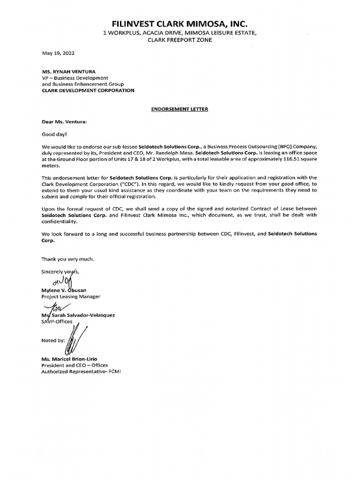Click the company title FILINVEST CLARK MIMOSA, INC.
pos(180,23)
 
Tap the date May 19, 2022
pos(58,53)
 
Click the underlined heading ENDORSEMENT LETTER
pos(180,109)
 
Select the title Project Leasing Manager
pos(71,297)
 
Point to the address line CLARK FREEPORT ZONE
pos(180,40)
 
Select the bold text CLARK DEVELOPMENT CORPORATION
pos(88,90)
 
